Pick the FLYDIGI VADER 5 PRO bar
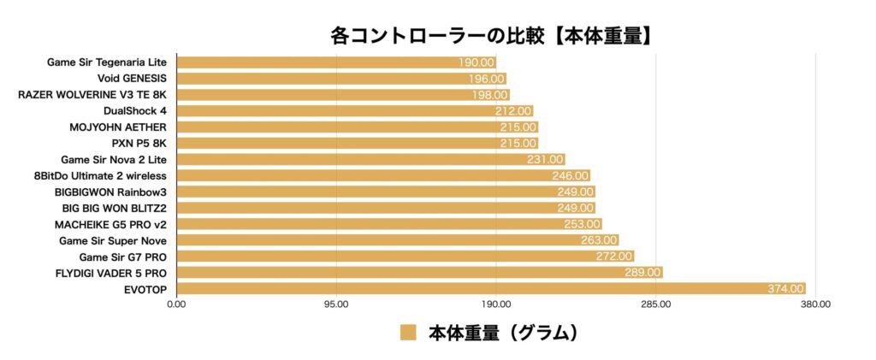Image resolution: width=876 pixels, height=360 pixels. [419, 273]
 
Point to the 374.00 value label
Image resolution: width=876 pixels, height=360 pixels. [785, 289]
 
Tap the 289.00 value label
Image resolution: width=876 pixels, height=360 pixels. [642, 273]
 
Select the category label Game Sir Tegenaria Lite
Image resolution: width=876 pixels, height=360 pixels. [107, 62]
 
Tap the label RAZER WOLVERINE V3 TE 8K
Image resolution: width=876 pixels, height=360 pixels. [92, 94]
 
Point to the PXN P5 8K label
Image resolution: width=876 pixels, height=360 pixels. [139, 143]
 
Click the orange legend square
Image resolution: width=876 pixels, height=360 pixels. [408, 333]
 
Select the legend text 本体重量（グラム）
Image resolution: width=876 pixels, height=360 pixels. [504, 333]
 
